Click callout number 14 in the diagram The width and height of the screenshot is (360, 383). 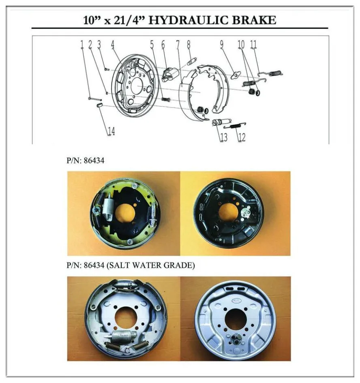(x=111, y=131)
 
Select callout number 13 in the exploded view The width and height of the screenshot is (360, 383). (x=224, y=137)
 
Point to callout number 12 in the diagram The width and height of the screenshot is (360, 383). (x=241, y=137)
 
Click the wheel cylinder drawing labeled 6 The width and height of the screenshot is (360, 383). (x=169, y=74)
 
